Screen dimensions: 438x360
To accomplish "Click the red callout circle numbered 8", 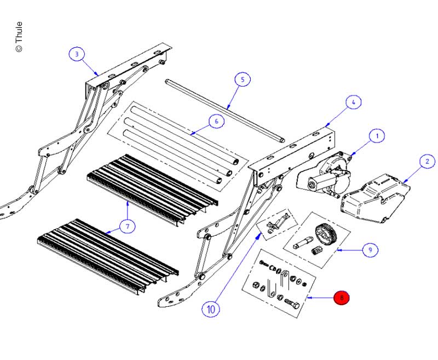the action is click(x=341, y=298).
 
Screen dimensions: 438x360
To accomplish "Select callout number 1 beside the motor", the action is click(x=377, y=136).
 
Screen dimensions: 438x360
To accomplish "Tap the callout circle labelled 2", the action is click(x=428, y=161).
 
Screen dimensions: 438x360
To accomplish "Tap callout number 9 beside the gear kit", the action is click(x=370, y=250).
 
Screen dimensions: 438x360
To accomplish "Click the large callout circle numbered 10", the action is click(x=211, y=310).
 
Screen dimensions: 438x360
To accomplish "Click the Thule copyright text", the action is click(x=19, y=37).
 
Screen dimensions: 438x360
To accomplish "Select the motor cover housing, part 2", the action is click(x=375, y=198).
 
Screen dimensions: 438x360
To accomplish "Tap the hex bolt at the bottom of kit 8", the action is click(x=292, y=304).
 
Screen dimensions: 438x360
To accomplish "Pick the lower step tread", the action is click(x=108, y=256).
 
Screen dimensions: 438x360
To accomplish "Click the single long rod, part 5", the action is click(x=225, y=111).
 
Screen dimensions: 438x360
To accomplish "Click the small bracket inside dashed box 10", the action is click(x=277, y=222).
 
